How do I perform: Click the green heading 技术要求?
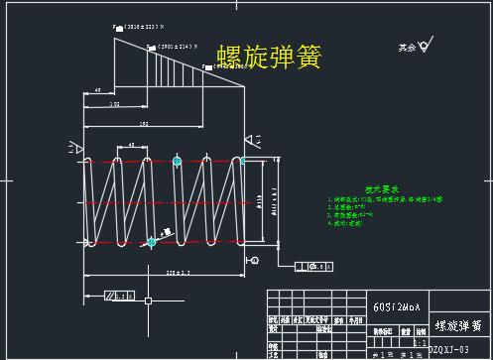tap(381, 187)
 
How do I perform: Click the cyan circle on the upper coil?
tap(177, 160)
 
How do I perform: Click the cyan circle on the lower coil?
tap(152, 241)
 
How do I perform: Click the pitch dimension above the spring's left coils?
tap(132, 146)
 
